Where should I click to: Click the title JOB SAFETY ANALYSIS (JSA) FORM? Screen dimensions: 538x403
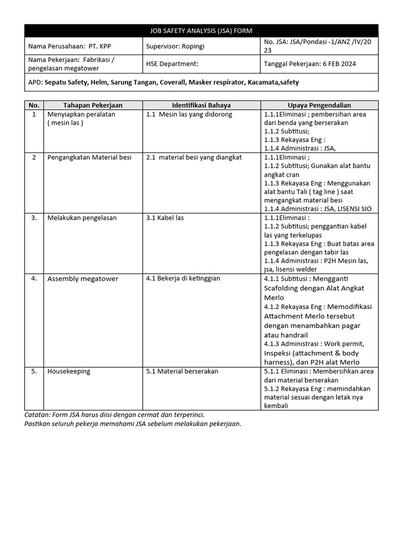[x=201, y=31]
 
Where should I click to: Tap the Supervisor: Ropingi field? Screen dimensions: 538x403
[x=175, y=46]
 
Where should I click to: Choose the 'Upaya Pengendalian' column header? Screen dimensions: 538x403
[x=319, y=105]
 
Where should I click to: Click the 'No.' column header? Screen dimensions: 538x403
[x=34, y=105]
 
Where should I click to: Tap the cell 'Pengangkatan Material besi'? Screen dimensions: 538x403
[x=89, y=157]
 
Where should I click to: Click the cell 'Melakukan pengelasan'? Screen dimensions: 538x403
[x=82, y=218]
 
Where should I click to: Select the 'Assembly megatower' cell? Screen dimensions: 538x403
[x=83, y=278]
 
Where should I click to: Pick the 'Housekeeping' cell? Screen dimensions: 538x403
[x=69, y=371]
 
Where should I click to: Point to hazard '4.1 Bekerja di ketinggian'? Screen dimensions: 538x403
[x=183, y=278]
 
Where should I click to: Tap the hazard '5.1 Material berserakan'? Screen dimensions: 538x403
[x=182, y=371]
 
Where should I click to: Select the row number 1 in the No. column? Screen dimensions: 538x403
[x=34, y=114]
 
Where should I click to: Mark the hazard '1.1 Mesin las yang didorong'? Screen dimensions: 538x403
[x=189, y=114]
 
